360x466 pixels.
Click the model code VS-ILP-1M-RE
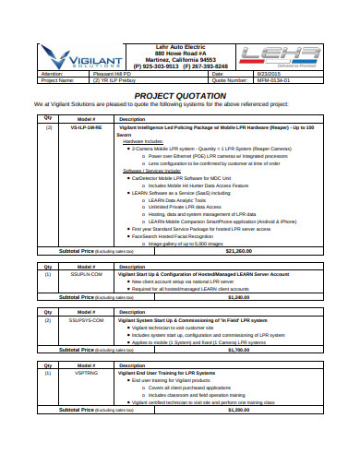[x=86, y=126]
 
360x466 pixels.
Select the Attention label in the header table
[x=52, y=73]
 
